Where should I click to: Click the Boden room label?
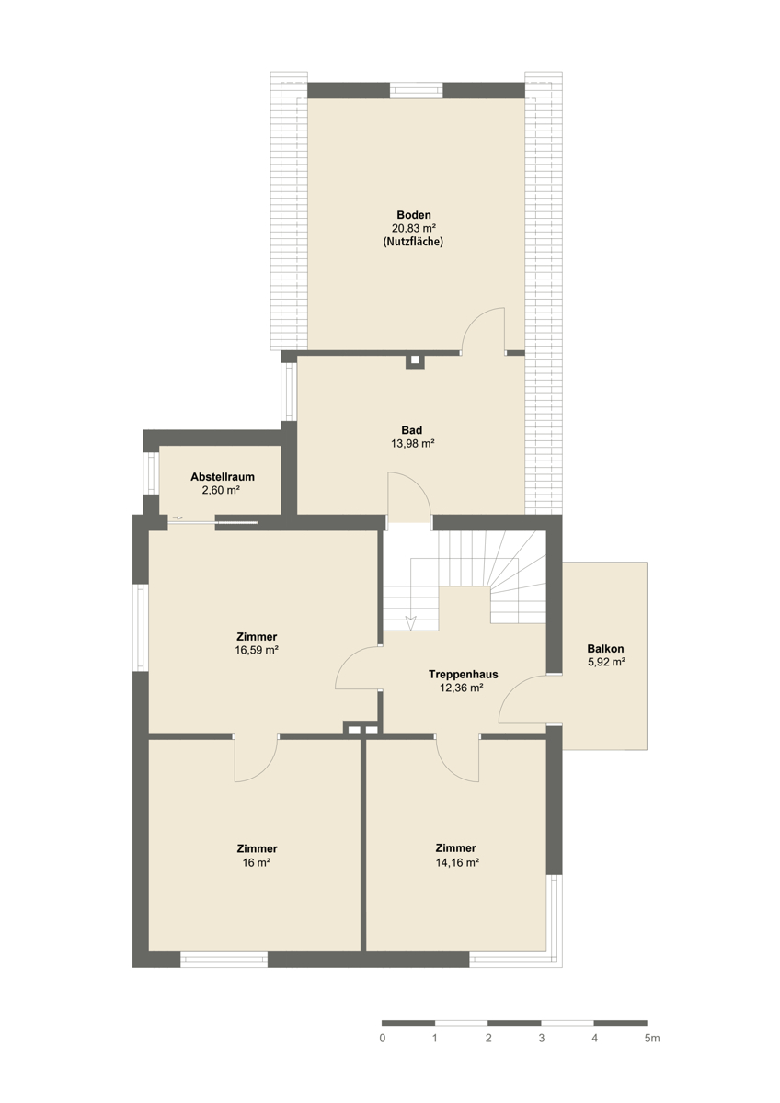[x=413, y=215]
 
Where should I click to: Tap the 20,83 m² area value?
[x=414, y=228]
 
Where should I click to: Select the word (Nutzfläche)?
[x=413, y=242]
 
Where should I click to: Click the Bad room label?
[x=412, y=430]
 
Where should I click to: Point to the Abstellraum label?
[x=223, y=477]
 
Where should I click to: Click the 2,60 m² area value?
[x=221, y=490]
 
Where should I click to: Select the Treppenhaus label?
[x=464, y=674]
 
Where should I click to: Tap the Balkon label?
[x=605, y=649]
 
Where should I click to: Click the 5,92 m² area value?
[x=606, y=662]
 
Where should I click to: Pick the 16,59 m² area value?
[x=257, y=650]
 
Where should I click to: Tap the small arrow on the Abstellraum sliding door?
[x=178, y=518]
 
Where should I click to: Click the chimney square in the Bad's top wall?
[x=415, y=360]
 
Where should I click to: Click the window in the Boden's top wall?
[x=417, y=91]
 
